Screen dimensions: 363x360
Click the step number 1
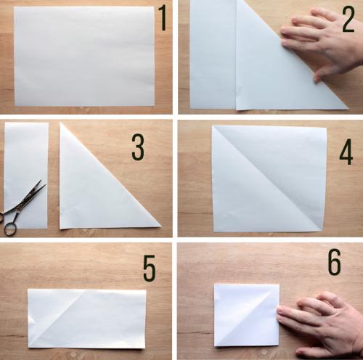pyautogui.click(x=163, y=17)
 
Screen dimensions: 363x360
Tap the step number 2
pyautogui.click(x=348, y=20)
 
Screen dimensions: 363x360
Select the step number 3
pyautogui.click(x=138, y=147)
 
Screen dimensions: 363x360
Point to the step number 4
pyautogui.click(x=346, y=152)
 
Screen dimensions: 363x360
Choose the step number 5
pyautogui.click(x=149, y=269)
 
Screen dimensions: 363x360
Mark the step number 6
pyautogui.click(x=335, y=262)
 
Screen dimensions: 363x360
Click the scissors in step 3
pyautogui.click(x=23, y=208)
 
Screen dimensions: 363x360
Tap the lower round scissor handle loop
pyautogui.click(x=10, y=229)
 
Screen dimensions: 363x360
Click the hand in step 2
pyautogui.click(x=322, y=44)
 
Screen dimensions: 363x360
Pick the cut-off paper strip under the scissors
pyautogui.click(x=26, y=176)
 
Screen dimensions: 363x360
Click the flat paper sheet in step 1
pyautogui.click(x=84, y=57)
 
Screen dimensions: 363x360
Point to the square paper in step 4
pyautogui.click(x=269, y=179)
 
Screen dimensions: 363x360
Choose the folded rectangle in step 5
pyautogui.click(x=87, y=319)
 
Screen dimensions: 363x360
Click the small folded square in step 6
pyautogui.click(x=247, y=315)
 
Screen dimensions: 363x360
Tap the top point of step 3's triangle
pyautogui.click(x=60, y=123)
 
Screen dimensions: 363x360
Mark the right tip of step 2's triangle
pyautogui.click(x=348, y=109)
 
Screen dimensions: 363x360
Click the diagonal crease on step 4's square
pyautogui.click(x=267, y=178)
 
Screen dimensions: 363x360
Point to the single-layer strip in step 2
pyautogui.click(x=213, y=54)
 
